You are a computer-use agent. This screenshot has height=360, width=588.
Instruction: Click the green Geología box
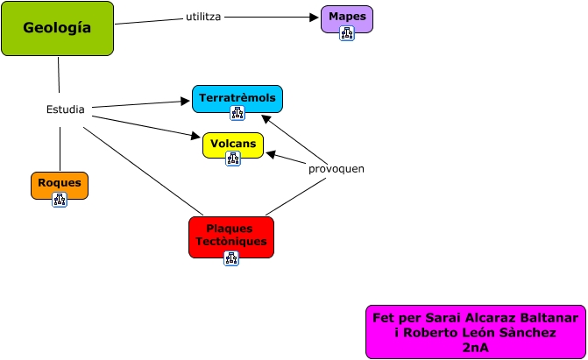tap(57, 29)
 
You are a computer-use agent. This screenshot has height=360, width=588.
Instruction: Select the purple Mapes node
tap(347, 19)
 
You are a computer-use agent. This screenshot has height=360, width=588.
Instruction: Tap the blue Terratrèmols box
tap(237, 99)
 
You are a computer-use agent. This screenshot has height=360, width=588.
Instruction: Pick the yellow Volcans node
tap(233, 145)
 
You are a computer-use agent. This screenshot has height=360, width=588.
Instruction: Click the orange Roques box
tap(60, 186)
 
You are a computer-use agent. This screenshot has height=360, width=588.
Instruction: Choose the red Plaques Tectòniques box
tap(231, 237)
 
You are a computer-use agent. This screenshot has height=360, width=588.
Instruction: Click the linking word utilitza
tap(203, 17)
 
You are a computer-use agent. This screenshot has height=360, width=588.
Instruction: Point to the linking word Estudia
tap(65, 109)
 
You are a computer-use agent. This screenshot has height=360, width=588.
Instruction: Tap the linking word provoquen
tap(337, 169)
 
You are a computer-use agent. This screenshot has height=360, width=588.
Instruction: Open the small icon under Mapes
tap(347, 33)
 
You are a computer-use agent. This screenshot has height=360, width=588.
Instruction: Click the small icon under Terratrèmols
tap(237, 113)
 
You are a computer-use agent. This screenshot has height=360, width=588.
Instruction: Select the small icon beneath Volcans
tap(233, 159)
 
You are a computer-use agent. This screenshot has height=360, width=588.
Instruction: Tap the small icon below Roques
tap(60, 200)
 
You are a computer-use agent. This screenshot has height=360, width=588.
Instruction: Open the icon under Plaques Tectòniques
tap(231, 258)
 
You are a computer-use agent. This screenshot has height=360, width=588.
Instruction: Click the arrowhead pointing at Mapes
tap(315, 17)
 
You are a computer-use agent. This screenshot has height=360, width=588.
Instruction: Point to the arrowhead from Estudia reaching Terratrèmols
tap(185, 101)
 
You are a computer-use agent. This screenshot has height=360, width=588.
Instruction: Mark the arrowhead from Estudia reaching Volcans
tap(195, 136)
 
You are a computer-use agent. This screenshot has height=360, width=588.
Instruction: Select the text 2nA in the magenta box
tap(476, 348)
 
